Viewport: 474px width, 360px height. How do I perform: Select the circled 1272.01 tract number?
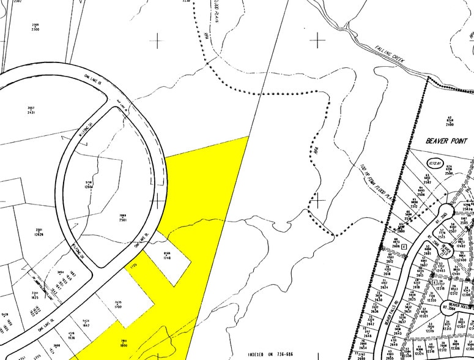(x=435, y=163)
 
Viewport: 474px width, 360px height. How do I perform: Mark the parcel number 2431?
(x=32, y=112)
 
